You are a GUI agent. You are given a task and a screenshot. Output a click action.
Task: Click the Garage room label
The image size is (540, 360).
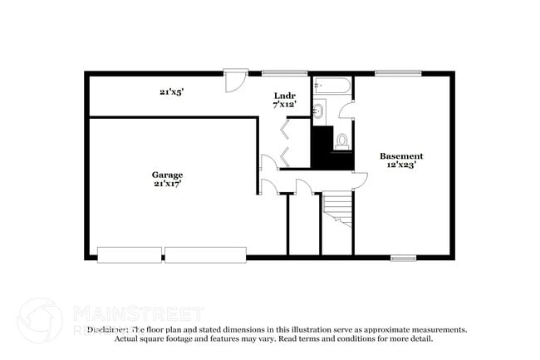point(167,175)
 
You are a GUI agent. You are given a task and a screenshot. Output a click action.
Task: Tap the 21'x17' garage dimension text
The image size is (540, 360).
point(167,184)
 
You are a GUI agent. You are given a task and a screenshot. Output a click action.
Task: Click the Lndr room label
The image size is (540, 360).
point(284,96)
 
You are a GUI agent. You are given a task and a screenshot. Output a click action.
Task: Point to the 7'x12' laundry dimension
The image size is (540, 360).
point(284,106)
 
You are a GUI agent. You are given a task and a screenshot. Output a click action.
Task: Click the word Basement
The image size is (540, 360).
point(401,155)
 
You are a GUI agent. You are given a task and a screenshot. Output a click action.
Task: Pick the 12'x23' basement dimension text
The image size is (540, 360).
point(401,165)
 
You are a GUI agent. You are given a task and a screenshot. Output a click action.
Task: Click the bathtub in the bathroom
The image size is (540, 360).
point(333,86)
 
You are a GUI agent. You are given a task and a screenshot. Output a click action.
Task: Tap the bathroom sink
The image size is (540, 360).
point(319,111)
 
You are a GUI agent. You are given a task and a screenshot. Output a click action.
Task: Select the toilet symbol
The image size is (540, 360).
point(341,141)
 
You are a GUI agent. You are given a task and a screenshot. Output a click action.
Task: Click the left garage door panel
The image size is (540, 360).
point(130,254)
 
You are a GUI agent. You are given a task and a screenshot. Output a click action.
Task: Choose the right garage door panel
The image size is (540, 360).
point(205,254)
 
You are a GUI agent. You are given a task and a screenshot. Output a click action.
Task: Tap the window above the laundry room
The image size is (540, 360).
point(284,73)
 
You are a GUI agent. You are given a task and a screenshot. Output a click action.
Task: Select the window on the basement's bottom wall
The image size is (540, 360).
point(404,258)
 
